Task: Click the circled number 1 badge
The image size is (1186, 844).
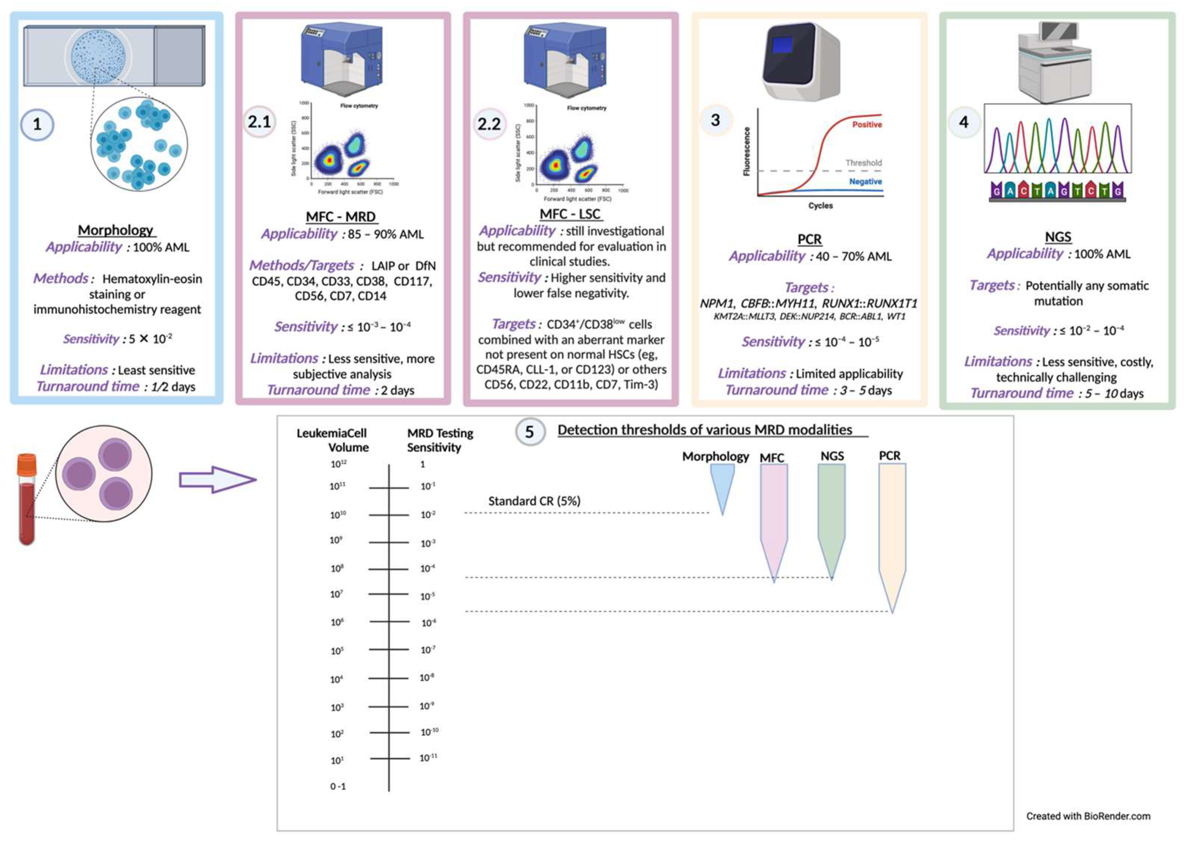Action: tap(37, 125)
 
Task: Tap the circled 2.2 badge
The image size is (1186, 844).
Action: tap(489, 124)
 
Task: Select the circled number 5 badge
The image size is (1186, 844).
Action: tap(529, 432)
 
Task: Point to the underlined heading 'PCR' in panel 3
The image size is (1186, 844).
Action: tap(809, 239)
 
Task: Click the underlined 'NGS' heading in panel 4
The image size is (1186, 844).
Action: tap(1058, 237)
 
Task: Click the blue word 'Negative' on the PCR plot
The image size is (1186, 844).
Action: tap(865, 181)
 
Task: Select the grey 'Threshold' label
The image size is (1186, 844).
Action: tap(863, 163)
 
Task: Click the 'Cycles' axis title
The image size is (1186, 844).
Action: tap(820, 206)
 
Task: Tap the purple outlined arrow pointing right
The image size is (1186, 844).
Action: tap(217, 479)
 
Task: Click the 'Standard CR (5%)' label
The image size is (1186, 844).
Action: tap(534, 501)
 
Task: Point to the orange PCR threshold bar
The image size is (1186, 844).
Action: tap(892, 530)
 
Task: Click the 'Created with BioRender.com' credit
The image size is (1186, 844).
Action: tap(1088, 816)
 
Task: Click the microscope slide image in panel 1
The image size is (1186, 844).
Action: tap(114, 56)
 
